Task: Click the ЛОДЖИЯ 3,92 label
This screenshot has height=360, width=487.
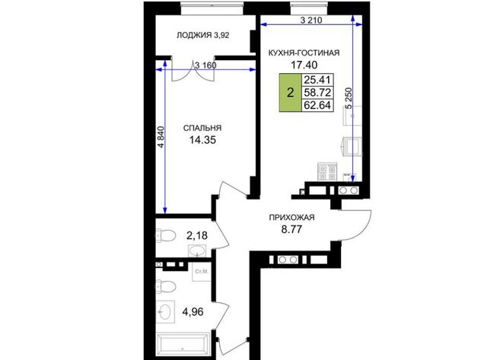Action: pos(203,35)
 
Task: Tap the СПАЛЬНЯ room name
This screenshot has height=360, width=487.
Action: pos(202,128)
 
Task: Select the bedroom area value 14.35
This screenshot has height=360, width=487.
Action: pos(202,140)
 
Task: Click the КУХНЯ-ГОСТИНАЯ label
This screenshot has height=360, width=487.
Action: pos(304,53)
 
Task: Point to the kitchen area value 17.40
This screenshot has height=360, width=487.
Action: pos(304,65)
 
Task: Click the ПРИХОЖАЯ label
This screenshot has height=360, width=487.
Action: pos(291,218)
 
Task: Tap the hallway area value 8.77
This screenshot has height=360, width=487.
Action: pos(291,230)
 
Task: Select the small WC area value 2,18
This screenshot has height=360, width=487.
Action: pos(197,236)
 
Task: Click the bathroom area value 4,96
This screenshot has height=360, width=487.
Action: pos(193,311)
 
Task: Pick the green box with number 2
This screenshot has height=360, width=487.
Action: pos(291,93)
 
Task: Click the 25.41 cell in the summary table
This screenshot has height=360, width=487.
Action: pos(317,80)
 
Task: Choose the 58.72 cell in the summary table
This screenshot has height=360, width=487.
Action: pos(317,93)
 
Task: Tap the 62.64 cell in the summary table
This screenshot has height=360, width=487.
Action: pos(317,105)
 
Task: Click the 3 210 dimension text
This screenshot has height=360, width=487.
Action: pos(311,21)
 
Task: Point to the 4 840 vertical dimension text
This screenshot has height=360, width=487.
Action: pos(161,137)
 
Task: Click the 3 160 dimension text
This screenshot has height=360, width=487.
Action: pos(205,65)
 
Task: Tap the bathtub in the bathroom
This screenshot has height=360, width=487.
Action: pos(183,344)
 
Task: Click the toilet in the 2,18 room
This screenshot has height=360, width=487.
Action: pos(166,236)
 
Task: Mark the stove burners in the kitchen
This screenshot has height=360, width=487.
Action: pos(327,172)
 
